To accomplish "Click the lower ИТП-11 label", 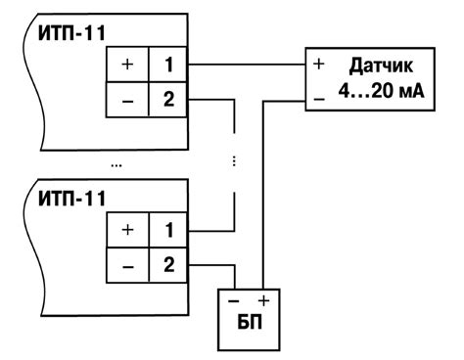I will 73,201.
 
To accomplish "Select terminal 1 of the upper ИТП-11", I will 167,67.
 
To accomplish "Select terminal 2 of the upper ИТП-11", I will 167,100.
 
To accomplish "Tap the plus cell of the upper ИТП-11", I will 127,67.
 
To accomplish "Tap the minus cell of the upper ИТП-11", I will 127,100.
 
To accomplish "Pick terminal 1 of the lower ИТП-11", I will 167,232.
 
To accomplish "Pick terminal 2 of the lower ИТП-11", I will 167,265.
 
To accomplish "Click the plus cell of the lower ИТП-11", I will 127,232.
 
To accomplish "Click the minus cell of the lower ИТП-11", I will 127,265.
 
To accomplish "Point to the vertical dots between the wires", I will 234,162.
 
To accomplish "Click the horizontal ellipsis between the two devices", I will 116,164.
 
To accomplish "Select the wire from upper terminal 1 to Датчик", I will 245,66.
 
